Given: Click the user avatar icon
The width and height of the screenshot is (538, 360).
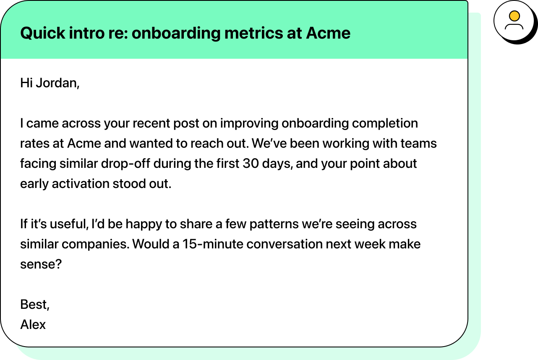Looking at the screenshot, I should (x=514, y=21).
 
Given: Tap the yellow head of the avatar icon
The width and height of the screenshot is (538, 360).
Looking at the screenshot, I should (x=514, y=16).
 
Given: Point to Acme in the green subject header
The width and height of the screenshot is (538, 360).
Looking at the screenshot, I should (x=328, y=32).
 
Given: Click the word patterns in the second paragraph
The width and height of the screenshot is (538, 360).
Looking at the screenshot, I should (x=274, y=224).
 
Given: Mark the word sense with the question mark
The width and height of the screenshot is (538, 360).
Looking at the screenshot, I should (x=41, y=264).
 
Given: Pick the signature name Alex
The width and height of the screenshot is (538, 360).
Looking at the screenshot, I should (x=33, y=324).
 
